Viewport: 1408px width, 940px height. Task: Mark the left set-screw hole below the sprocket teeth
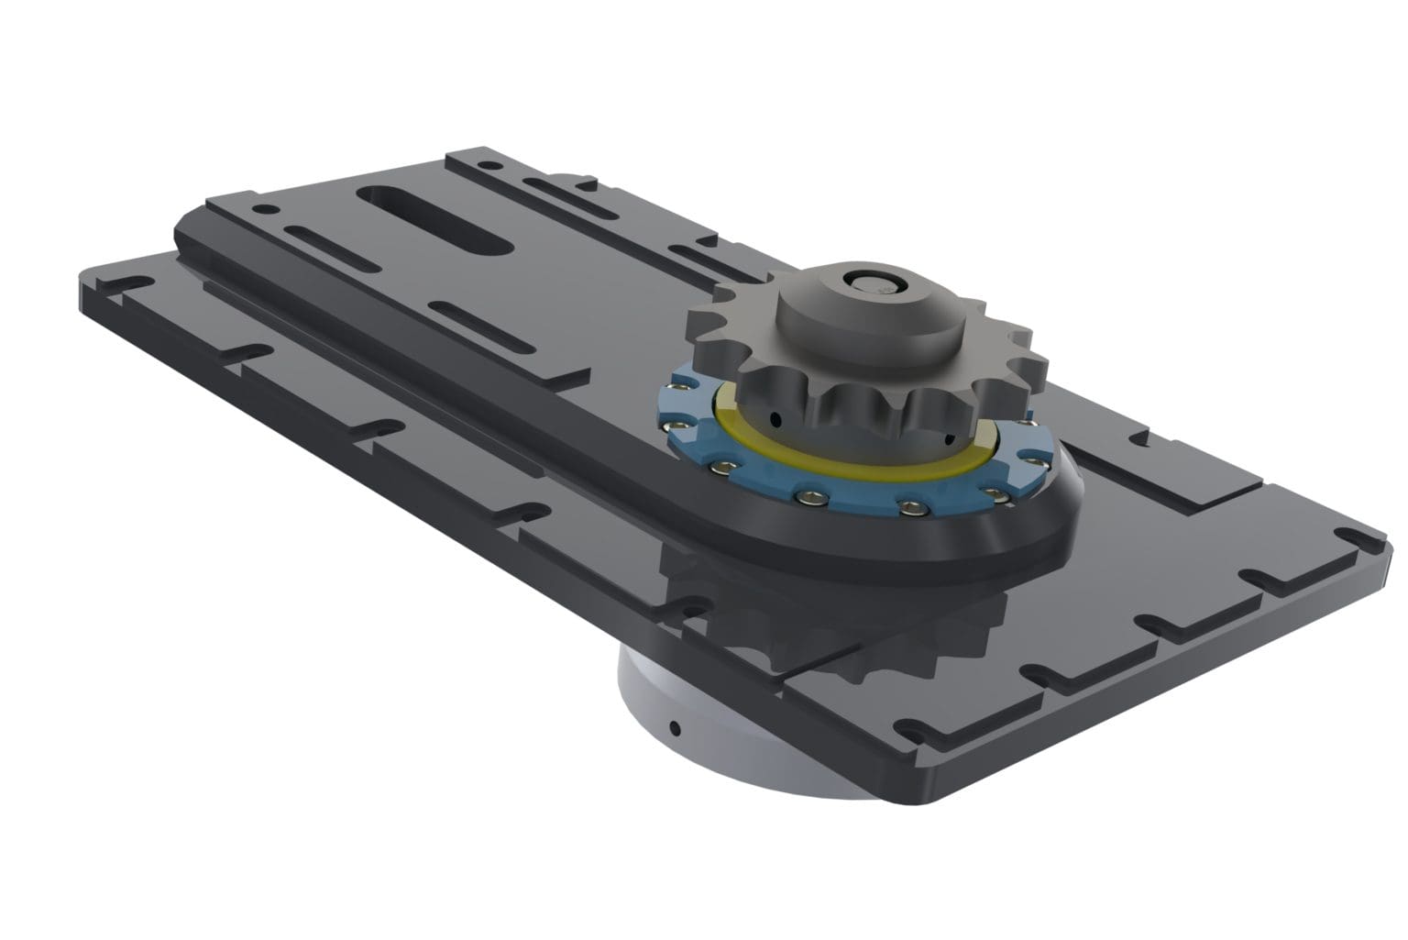[x=776, y=420]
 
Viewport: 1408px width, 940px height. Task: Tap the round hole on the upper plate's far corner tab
[x=495, y=167]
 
